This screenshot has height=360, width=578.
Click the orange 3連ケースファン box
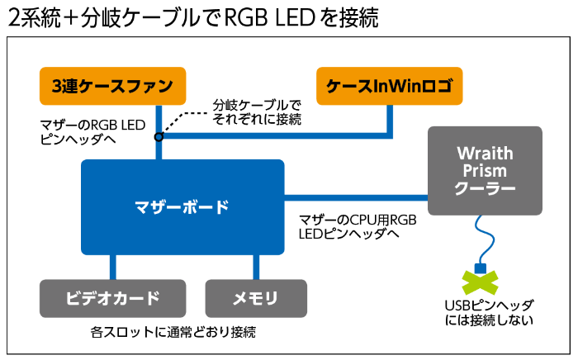(x=112, y=85)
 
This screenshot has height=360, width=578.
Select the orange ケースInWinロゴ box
(x=389, y=85)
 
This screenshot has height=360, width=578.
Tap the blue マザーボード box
(x=182, y=206)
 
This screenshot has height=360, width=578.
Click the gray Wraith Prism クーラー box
(x=485, y=171)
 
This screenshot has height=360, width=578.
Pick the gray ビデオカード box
(x=112, y=298)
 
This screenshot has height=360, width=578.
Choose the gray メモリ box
(x=255, y=298)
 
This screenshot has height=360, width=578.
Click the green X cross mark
(x=479, y=281)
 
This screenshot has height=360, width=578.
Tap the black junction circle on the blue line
(x=159, y=136)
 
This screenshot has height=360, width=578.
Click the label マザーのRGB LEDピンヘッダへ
(x=92, y=132)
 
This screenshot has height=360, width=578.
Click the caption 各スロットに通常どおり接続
(x=173, y=334)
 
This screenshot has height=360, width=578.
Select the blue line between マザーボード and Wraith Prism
(x=355, y=197)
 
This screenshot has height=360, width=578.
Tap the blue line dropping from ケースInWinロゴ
(x=389, y=120)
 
